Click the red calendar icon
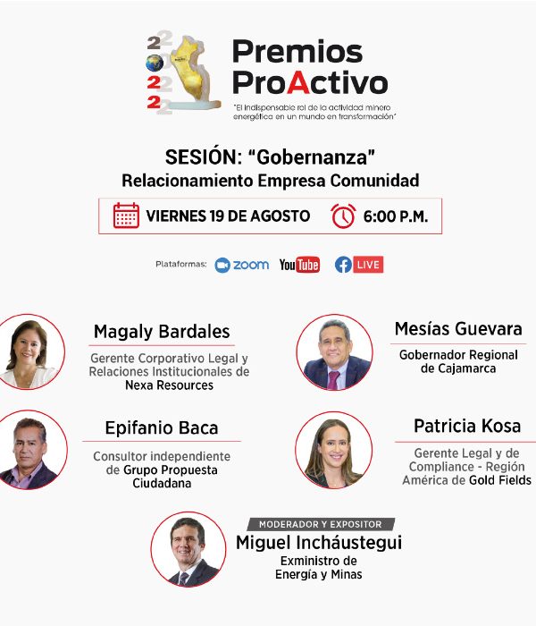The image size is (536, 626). tap(126, 216)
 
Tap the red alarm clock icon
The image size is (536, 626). tap(343, 216)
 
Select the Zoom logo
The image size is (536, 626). tap(242, 265)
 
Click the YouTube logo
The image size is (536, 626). tap(299, 265)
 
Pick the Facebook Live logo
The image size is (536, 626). tap(359, 265)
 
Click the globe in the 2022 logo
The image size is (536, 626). tap(155, 63)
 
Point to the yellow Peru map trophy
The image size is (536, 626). tap(194, 72)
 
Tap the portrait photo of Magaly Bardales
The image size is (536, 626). tap(29, 351)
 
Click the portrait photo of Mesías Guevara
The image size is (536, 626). tap(335, 352)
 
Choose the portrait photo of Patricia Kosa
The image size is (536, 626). tap(334, 451)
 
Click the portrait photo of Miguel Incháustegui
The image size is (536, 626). tap(188, 549)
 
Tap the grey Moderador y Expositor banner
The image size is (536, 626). tap(321, 524)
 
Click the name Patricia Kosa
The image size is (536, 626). tap(467, 426)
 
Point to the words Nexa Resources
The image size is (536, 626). tap(169, 385)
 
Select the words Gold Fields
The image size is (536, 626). tap(500, 480)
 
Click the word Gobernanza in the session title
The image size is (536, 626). tap(312, 156)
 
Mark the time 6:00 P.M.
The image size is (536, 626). tap(395, 216)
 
